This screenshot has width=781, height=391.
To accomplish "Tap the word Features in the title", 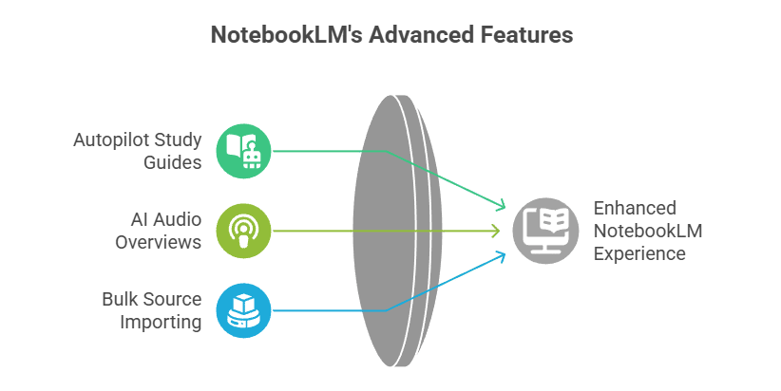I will click(525, 36).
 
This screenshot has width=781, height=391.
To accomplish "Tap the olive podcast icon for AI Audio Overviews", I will click(243, 231).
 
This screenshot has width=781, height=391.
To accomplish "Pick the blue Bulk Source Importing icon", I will click(243, 310).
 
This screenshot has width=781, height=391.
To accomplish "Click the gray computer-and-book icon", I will click(545, 231).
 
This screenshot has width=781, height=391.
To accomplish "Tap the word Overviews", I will click(158, 242).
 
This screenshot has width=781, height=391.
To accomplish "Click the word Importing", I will click(161, 322).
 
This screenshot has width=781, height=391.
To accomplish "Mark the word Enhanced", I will click(635, 209).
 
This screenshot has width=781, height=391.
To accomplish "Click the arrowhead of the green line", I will click(500, 205).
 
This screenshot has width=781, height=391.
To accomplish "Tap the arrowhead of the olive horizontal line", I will click(495, 231).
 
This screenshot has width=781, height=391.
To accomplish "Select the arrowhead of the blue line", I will click(500, 255).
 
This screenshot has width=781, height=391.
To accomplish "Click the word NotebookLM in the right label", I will click(648, 232).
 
